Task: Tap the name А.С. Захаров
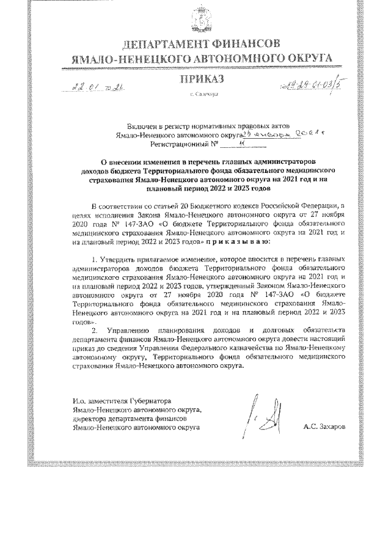click(323, 427)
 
